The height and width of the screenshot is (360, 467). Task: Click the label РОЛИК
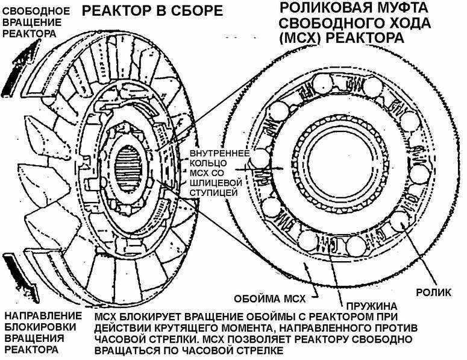coord(433,292)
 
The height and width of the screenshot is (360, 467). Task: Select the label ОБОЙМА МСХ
coord(270,299)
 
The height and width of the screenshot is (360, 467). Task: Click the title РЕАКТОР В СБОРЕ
coord(152,11)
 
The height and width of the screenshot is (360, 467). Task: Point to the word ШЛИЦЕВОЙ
coord(216,182)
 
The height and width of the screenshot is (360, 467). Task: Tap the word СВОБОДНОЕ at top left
coord(36,11)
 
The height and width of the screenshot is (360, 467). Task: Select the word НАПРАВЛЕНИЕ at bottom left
coord(43,315)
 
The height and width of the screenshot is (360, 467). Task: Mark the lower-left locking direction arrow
coord(22,277)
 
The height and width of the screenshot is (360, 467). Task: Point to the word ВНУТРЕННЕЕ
coord(219,154)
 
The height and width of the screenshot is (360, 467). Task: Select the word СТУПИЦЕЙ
coord(213,192)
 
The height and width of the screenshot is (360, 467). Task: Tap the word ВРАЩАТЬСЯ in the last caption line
coord(127,350)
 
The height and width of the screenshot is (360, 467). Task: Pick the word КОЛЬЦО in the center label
coord(208,163)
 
